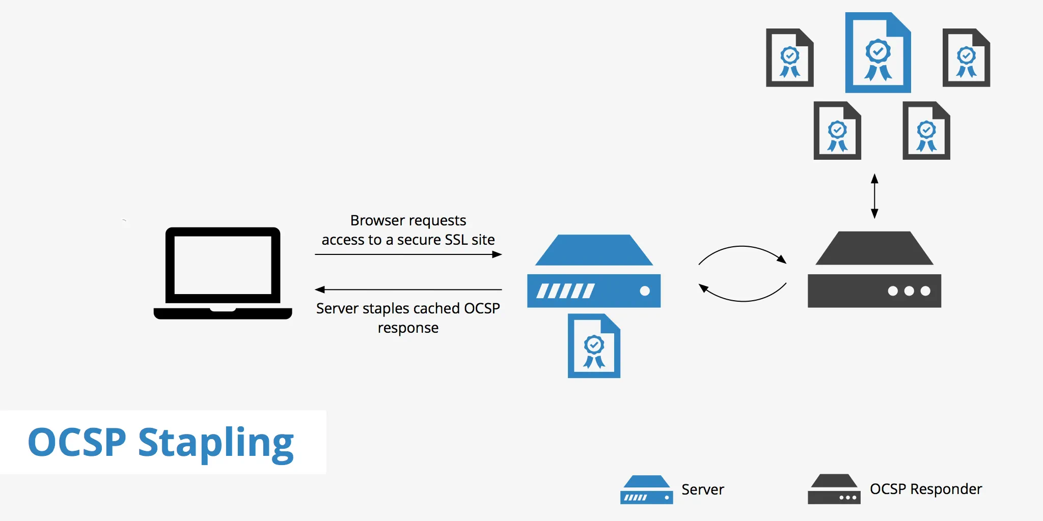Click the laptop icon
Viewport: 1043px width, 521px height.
point(223,273)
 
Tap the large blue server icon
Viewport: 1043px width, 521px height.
point(594,272)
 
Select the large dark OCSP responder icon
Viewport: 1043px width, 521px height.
point(874,271)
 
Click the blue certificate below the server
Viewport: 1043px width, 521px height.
point(594,346)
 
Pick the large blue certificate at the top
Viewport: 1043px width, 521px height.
point(878,53)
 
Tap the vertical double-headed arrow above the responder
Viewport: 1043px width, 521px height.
point(874,196)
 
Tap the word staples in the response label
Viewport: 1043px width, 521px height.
point(386,308)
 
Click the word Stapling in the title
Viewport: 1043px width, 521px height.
point(216,443)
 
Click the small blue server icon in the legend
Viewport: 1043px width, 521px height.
point(646,490)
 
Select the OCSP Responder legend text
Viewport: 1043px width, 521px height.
point(925,489)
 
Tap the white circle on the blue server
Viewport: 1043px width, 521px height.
point(645,291)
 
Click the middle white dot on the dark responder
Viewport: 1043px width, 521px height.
point(909,291)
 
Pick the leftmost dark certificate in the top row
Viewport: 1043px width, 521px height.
point(789,58)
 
